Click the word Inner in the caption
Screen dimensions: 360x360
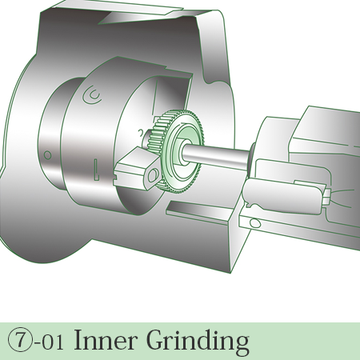[104, 340]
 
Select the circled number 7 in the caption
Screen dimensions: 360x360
[19, 340]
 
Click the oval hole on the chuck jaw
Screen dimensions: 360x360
[153, 175]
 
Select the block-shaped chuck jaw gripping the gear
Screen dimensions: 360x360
[138, 169]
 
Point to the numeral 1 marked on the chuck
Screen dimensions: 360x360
[96, 169]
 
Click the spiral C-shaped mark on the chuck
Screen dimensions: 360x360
[92, 95]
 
